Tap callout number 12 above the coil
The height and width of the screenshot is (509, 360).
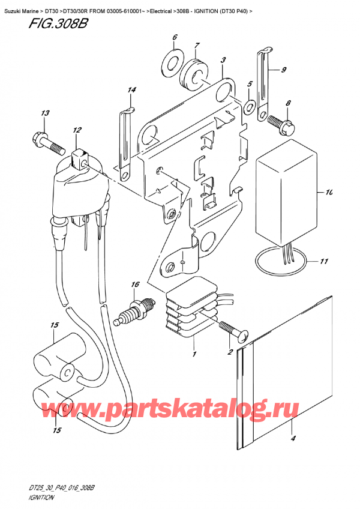[x=77, y=130]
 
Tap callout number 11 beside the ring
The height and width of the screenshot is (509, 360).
[x=324, y=261]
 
